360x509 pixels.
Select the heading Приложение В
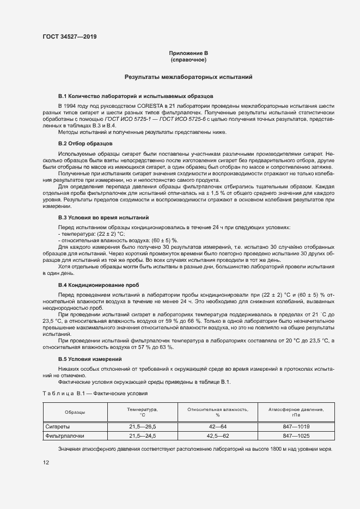tap(188, 53)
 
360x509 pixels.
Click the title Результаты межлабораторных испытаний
tap(188, 77)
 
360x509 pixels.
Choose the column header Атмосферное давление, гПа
tap(296, 412)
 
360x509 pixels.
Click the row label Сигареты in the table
tap(57, 426)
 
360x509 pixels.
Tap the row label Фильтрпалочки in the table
tap(64, 436)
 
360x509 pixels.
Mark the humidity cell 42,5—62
tap(218, 436)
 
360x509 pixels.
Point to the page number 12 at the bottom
tap(46, 462)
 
